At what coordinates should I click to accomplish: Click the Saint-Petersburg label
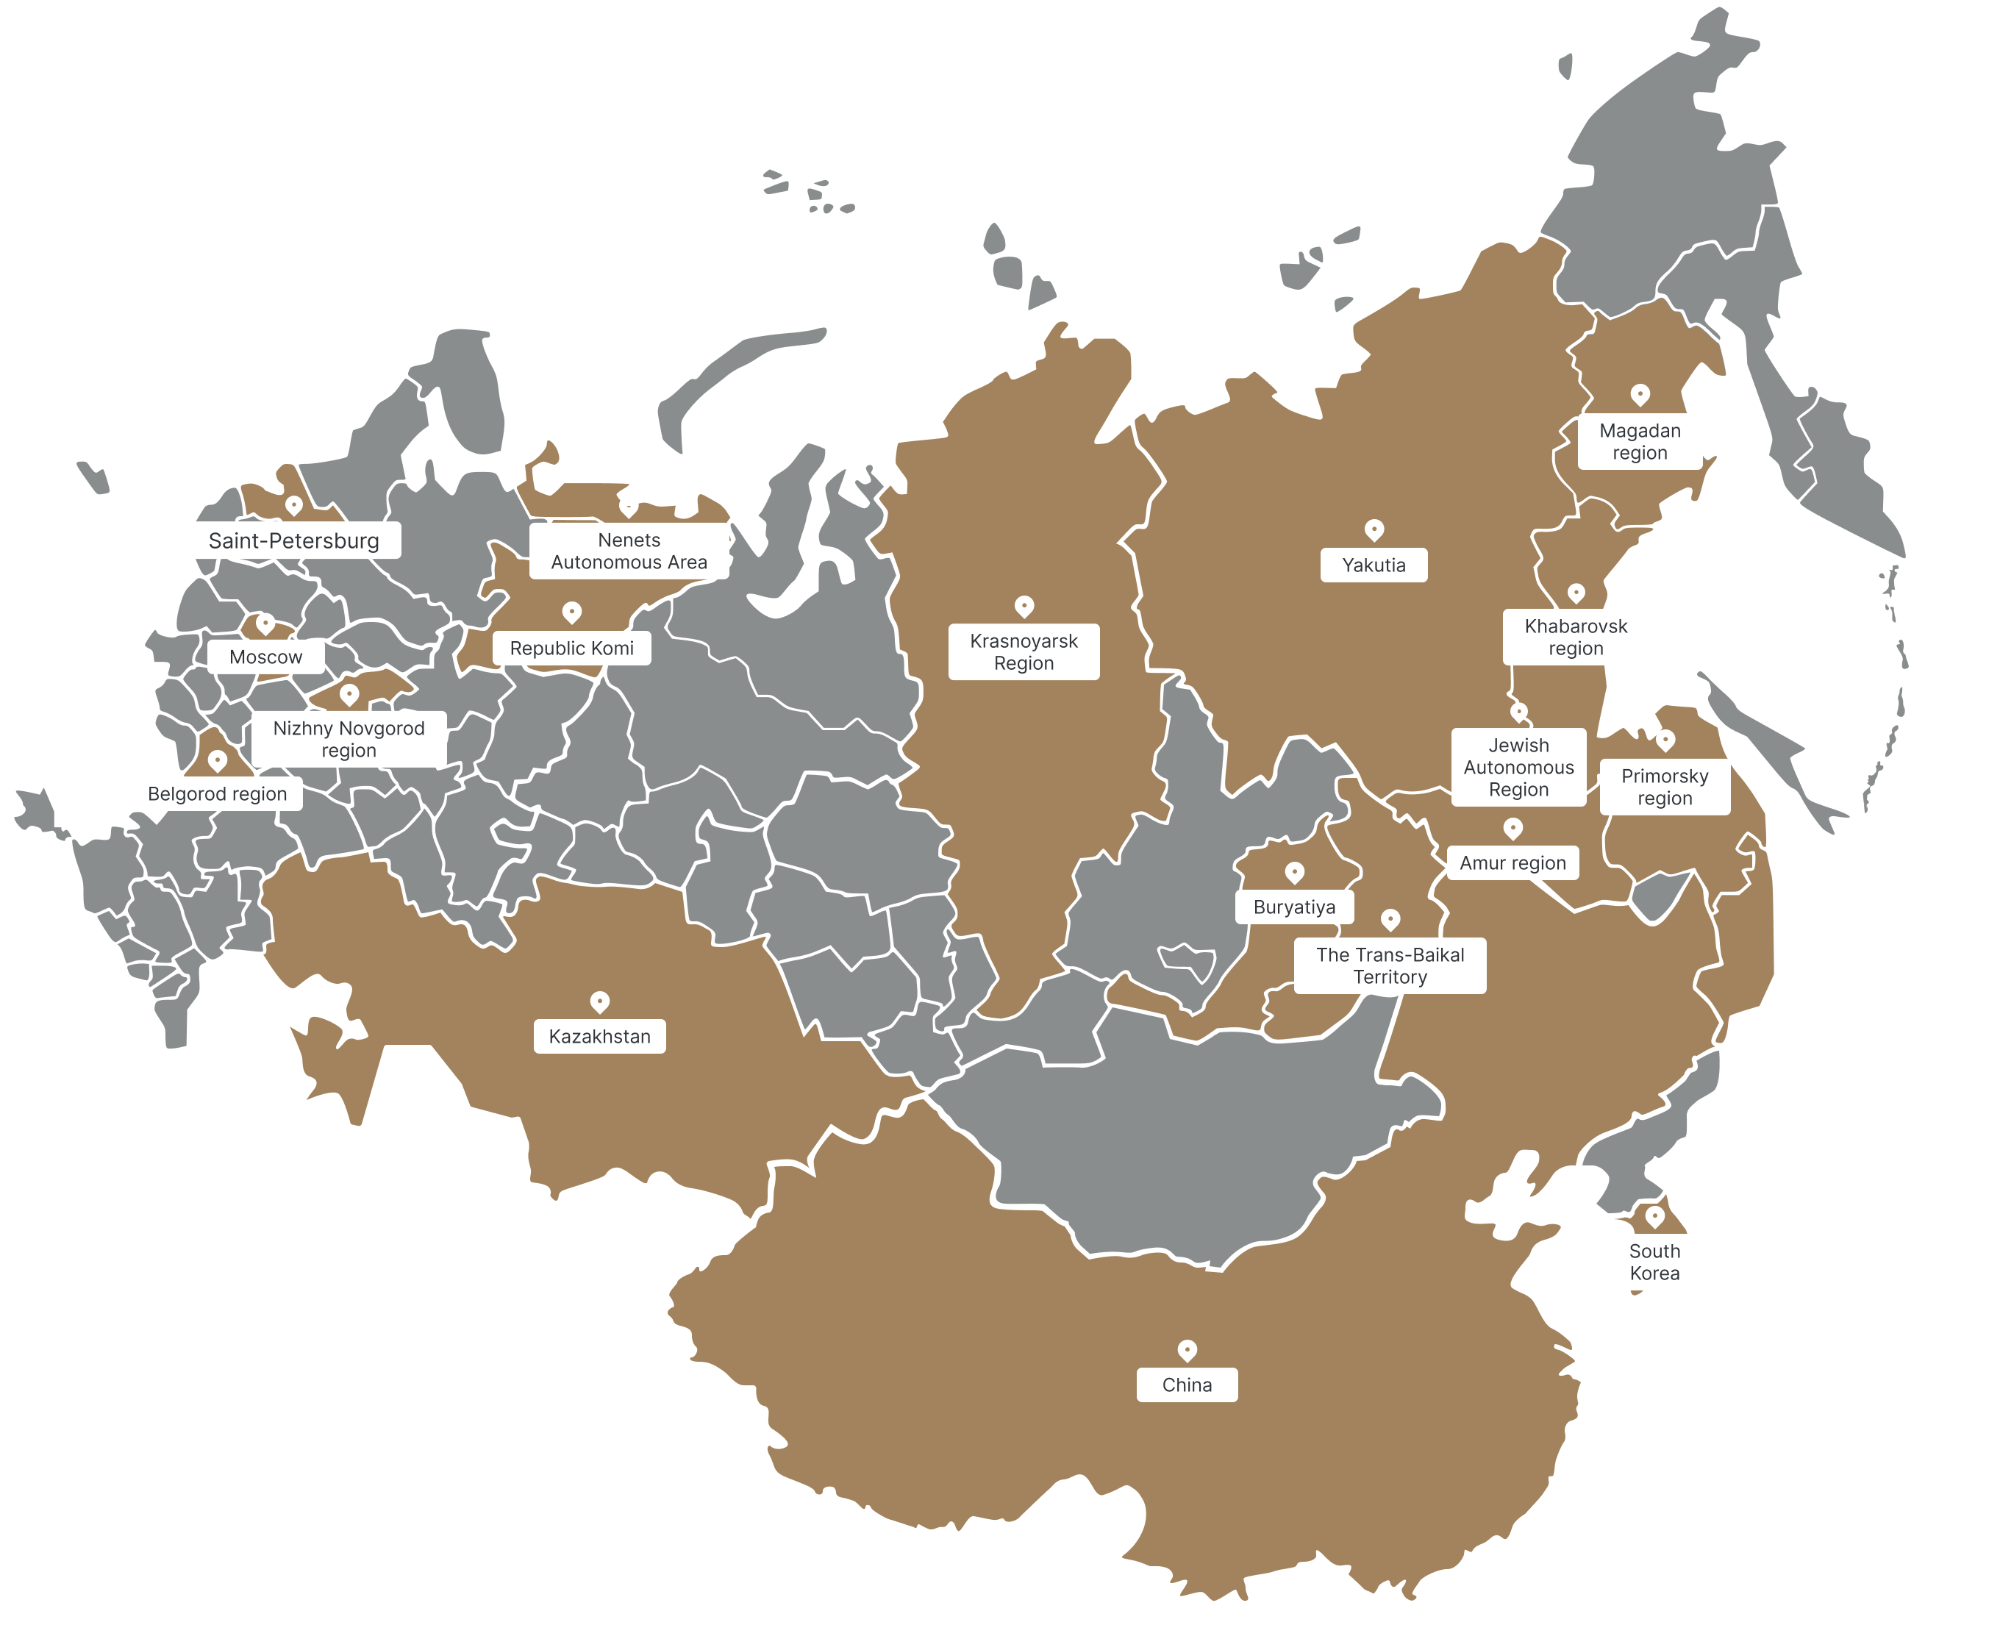click(294, 540)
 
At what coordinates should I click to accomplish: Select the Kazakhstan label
click(599, 1036)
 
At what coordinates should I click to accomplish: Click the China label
click(1187, 1385)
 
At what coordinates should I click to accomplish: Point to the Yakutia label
click(1373, 565)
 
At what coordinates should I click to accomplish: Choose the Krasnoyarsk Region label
click(1023, 651)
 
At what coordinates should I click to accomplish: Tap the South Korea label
click(1654, 1262)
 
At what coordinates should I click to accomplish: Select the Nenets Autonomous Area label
click(629, 551)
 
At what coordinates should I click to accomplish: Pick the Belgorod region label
click(217, 794)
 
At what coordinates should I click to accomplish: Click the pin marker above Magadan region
click(1640, 394)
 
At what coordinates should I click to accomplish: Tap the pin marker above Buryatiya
click(1294, 872)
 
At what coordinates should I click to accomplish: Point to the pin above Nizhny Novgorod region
click(349, 693)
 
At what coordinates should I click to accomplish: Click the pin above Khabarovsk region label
click(1576, 593)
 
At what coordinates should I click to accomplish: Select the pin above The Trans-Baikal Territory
click(1390, 919)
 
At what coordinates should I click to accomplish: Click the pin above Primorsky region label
click(1665, 740)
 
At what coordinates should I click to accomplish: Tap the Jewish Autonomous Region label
click(1518, 767)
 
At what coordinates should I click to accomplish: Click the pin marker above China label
click(1187, 1350)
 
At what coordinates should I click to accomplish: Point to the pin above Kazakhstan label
click(600, 1001)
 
